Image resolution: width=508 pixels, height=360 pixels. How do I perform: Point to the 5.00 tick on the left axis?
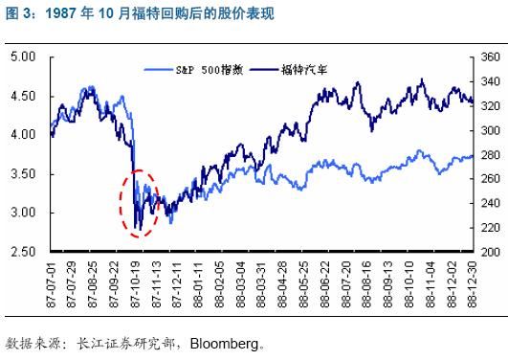[23, 57]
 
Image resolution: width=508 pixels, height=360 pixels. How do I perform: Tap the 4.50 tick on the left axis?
[23, 97]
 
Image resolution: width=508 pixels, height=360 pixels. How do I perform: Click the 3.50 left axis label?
[23, 174]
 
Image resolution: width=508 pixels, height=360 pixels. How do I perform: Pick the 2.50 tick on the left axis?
[23, 252]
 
